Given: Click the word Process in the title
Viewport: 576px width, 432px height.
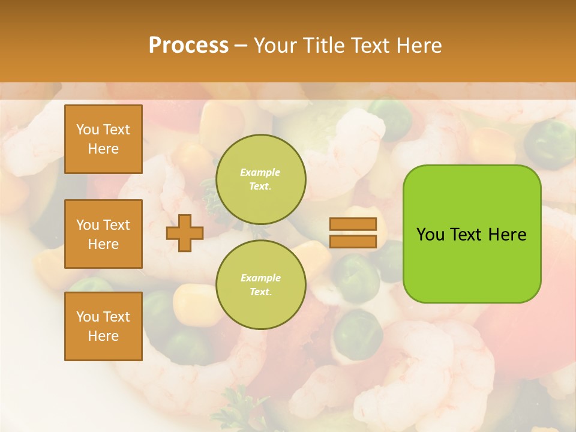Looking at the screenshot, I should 188,45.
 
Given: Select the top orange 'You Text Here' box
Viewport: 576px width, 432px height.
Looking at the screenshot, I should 103,139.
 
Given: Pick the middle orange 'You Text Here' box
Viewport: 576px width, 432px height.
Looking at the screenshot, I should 103,234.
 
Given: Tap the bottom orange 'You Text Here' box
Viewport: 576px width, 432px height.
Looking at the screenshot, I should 103,326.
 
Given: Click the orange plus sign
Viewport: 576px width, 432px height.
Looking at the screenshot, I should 185,233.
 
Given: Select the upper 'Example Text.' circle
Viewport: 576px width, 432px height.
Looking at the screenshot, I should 261,179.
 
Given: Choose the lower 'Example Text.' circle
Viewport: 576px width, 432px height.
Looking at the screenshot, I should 261,284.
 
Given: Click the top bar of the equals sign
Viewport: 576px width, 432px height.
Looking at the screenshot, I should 353,224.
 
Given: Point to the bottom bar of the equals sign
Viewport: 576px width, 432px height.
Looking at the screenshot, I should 353,241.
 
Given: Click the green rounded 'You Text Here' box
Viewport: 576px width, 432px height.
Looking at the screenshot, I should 472,234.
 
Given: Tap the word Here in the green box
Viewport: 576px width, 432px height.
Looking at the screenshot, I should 507,235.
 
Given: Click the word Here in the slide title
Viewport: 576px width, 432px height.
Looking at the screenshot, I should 418,45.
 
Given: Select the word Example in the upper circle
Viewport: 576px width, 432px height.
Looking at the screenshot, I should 260,172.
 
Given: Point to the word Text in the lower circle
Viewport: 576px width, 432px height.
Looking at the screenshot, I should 260,292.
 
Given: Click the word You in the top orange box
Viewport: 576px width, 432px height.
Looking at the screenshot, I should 88,130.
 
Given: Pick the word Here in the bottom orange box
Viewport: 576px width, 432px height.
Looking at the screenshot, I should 103,336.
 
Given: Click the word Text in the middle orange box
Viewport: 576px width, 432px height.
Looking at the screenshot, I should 116,225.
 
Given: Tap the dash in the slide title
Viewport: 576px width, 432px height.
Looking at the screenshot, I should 241,45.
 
